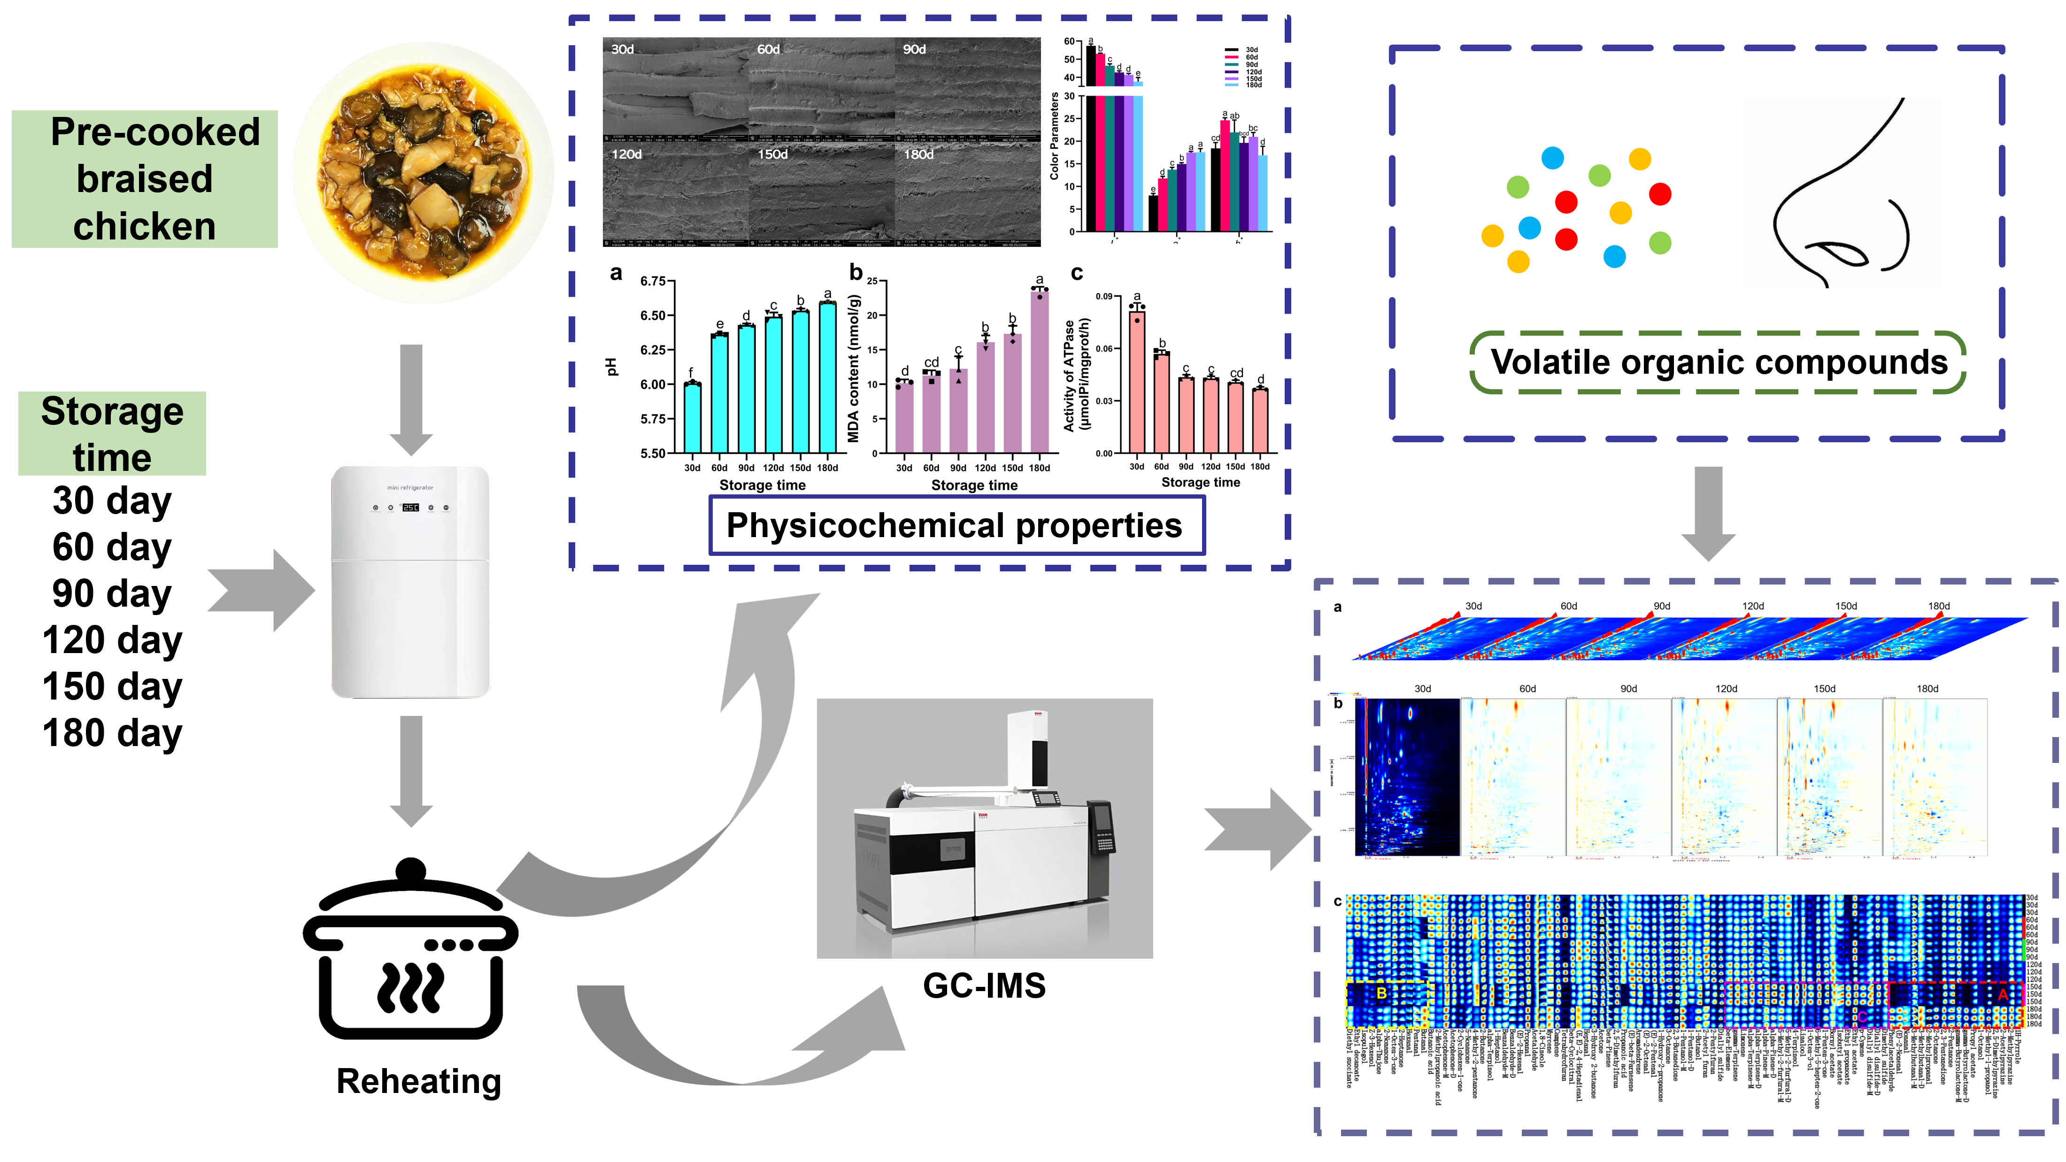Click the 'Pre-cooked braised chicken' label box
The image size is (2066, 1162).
(144, 179)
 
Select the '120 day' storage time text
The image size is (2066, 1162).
(112, 640)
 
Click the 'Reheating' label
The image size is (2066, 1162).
(419, 1081)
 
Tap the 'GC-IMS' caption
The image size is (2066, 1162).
(984, 985)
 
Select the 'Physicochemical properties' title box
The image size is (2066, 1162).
(956, 525)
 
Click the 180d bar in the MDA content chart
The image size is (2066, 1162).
(1040, 373)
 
